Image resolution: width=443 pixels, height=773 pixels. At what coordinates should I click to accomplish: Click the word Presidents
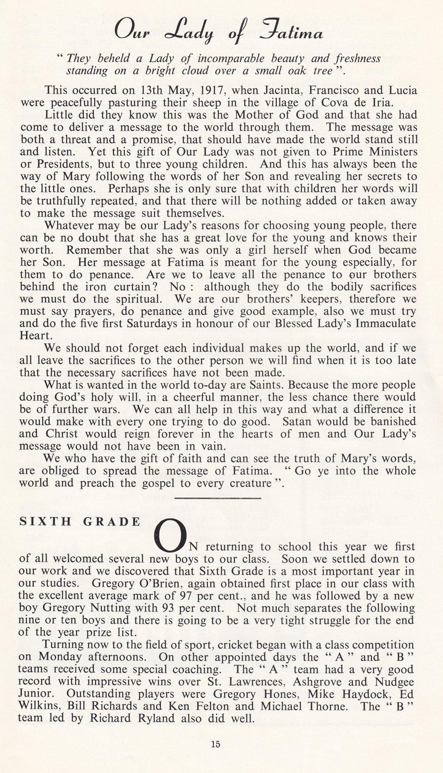(x=63, y=164)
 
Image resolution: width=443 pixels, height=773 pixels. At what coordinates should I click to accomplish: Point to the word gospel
(x=159, y=483)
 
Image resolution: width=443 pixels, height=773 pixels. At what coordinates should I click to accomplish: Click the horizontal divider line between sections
(x=218, y=498)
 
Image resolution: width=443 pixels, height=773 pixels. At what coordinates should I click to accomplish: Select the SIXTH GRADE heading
(x=80, y=521)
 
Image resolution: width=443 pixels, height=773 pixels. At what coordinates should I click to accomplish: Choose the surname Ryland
(x=154, y=718)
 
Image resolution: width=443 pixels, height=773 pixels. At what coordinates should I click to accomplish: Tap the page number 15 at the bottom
(x=216, y=744)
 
